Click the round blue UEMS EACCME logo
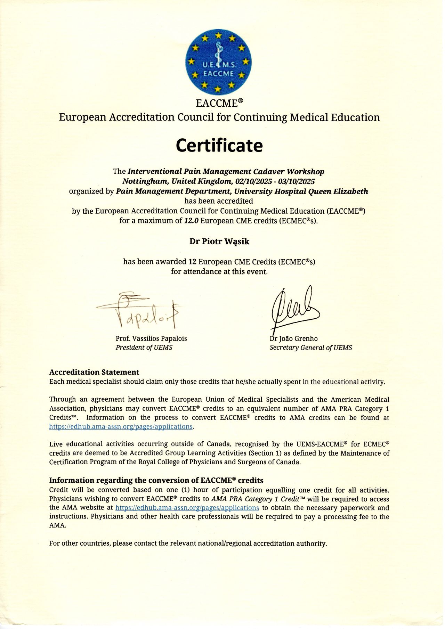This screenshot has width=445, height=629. (218, 62)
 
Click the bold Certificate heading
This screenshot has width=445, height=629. (219, 145)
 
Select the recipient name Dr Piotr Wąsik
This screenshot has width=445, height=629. (219, 242)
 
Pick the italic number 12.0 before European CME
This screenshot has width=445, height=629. (191, 221)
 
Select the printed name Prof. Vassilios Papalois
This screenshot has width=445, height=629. (151, 338)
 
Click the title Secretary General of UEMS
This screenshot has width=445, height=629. (311, 348)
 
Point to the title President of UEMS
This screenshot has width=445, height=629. (144, 348)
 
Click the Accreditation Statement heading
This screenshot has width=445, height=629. (94, 372)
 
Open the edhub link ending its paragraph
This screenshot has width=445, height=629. (121, 426)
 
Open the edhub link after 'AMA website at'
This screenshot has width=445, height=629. (187, 508)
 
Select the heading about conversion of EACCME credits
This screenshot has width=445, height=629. (156, 480)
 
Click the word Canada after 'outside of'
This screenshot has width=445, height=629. (218, 444)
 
